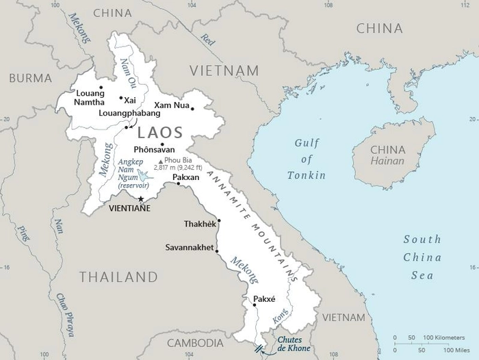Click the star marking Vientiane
[x=141, y=199]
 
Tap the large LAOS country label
[x=160, y=133]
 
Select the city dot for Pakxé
[x=255, y=305]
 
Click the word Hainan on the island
[x=387, y=162]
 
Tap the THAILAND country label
[x=118, y=277]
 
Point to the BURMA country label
[x=30, y=78]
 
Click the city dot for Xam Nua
[x=192, y=108]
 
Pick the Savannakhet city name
[x=190, y=247]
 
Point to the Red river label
[x=206, y=40]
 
